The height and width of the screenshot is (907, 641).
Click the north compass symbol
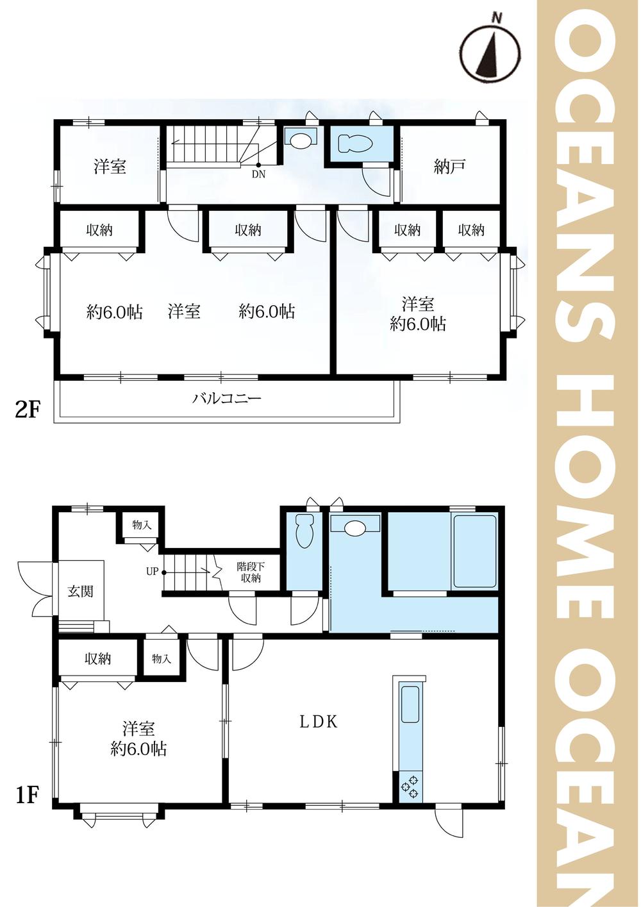(x=491, y=51)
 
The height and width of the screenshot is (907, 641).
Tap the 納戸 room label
(x=449, y=167)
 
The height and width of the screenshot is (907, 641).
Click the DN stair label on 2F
(x=258, y=174)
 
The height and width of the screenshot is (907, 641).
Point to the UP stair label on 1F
(x=153, y=572)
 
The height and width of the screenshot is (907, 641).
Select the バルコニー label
(x=226, y=399)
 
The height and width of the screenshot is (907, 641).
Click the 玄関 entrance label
(x=80, y=591)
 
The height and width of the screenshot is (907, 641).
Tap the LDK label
(x=319, y=722)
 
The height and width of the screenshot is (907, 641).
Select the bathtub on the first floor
(x=474, y=551)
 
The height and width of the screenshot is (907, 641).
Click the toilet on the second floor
(x=355, y=144)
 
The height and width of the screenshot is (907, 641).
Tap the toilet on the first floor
(x=304, y=531)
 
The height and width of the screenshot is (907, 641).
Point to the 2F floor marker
(x=27, y=411)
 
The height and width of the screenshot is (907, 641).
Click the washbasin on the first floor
(x=355, y=526)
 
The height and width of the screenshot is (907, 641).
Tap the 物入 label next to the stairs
(x=142, y=525)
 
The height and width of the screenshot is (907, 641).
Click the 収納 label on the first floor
(x=97, y=659)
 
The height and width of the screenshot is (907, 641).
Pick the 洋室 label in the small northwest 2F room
(x=110, y=167)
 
